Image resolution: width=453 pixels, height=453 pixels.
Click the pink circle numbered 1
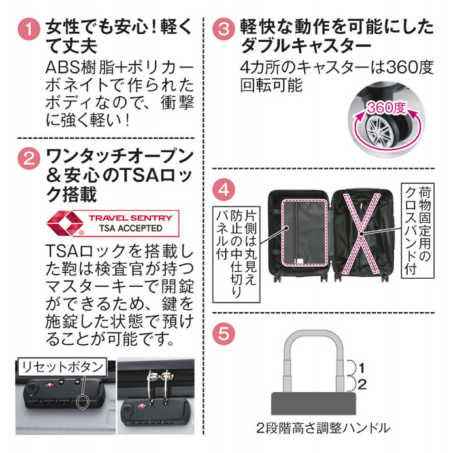click(x=29, y=30)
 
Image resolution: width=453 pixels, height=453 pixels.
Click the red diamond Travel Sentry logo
click(x=65, y=222)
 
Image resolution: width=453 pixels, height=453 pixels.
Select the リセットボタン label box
click(x=62, y=366)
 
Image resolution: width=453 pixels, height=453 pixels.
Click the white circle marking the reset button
click(x=83, y=402)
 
